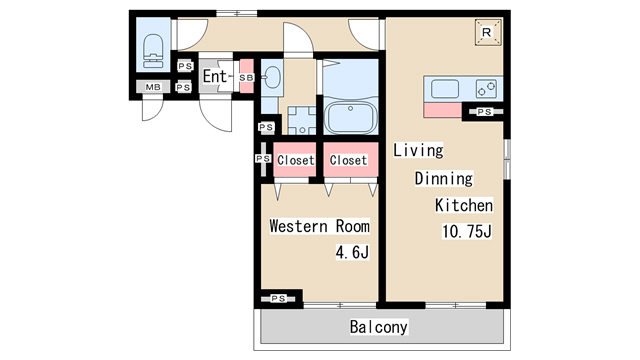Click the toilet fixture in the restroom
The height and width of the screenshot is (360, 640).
point(153,51)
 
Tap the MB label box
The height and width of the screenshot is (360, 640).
point(153,87)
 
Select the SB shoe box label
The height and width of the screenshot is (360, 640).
point(246,77)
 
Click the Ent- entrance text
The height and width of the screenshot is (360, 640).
point(215,76)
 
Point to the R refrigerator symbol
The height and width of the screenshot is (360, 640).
point(488,32)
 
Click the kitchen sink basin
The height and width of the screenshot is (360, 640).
point(445,89)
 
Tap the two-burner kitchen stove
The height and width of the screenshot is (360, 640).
point(486,89)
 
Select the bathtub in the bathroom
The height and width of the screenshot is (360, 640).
point(350,117)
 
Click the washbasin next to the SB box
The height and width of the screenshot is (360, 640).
point(272,78)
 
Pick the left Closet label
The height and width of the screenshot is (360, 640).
point(296,160)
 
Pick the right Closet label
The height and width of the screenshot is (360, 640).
point(348,160)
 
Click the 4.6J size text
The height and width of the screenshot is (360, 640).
point(352,252)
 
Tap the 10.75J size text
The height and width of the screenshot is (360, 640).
point(467,231)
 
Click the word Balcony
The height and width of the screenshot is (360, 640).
point(378,327)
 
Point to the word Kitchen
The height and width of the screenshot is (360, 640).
point(464,205)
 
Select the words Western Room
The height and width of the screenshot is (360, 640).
point(320,226)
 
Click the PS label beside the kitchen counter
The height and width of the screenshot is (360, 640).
point(484,112)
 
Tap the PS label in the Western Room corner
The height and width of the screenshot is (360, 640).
point(278,299)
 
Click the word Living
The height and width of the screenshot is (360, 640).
point(418,150)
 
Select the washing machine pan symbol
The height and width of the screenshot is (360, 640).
point(302,120)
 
